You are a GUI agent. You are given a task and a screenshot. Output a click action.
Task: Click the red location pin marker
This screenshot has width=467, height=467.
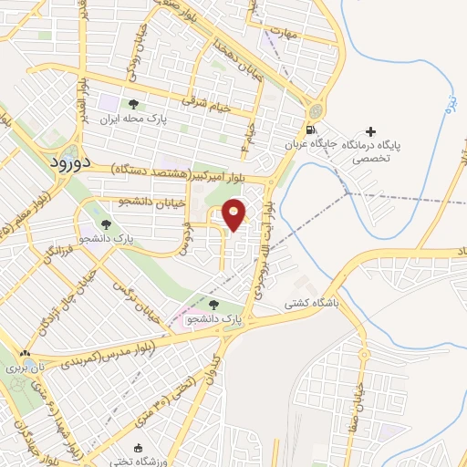coord(234,215)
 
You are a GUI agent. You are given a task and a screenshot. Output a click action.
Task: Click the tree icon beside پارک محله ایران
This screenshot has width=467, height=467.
coord(133,104)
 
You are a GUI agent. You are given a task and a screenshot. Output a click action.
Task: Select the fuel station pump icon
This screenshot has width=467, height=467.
coord(313,130)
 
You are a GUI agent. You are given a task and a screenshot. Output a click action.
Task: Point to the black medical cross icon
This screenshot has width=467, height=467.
coord(369,131)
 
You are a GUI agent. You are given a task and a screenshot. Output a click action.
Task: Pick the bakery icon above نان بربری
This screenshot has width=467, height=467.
coord(25,354)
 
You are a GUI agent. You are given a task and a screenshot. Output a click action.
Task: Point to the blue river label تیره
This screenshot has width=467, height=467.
coord(449,101)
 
